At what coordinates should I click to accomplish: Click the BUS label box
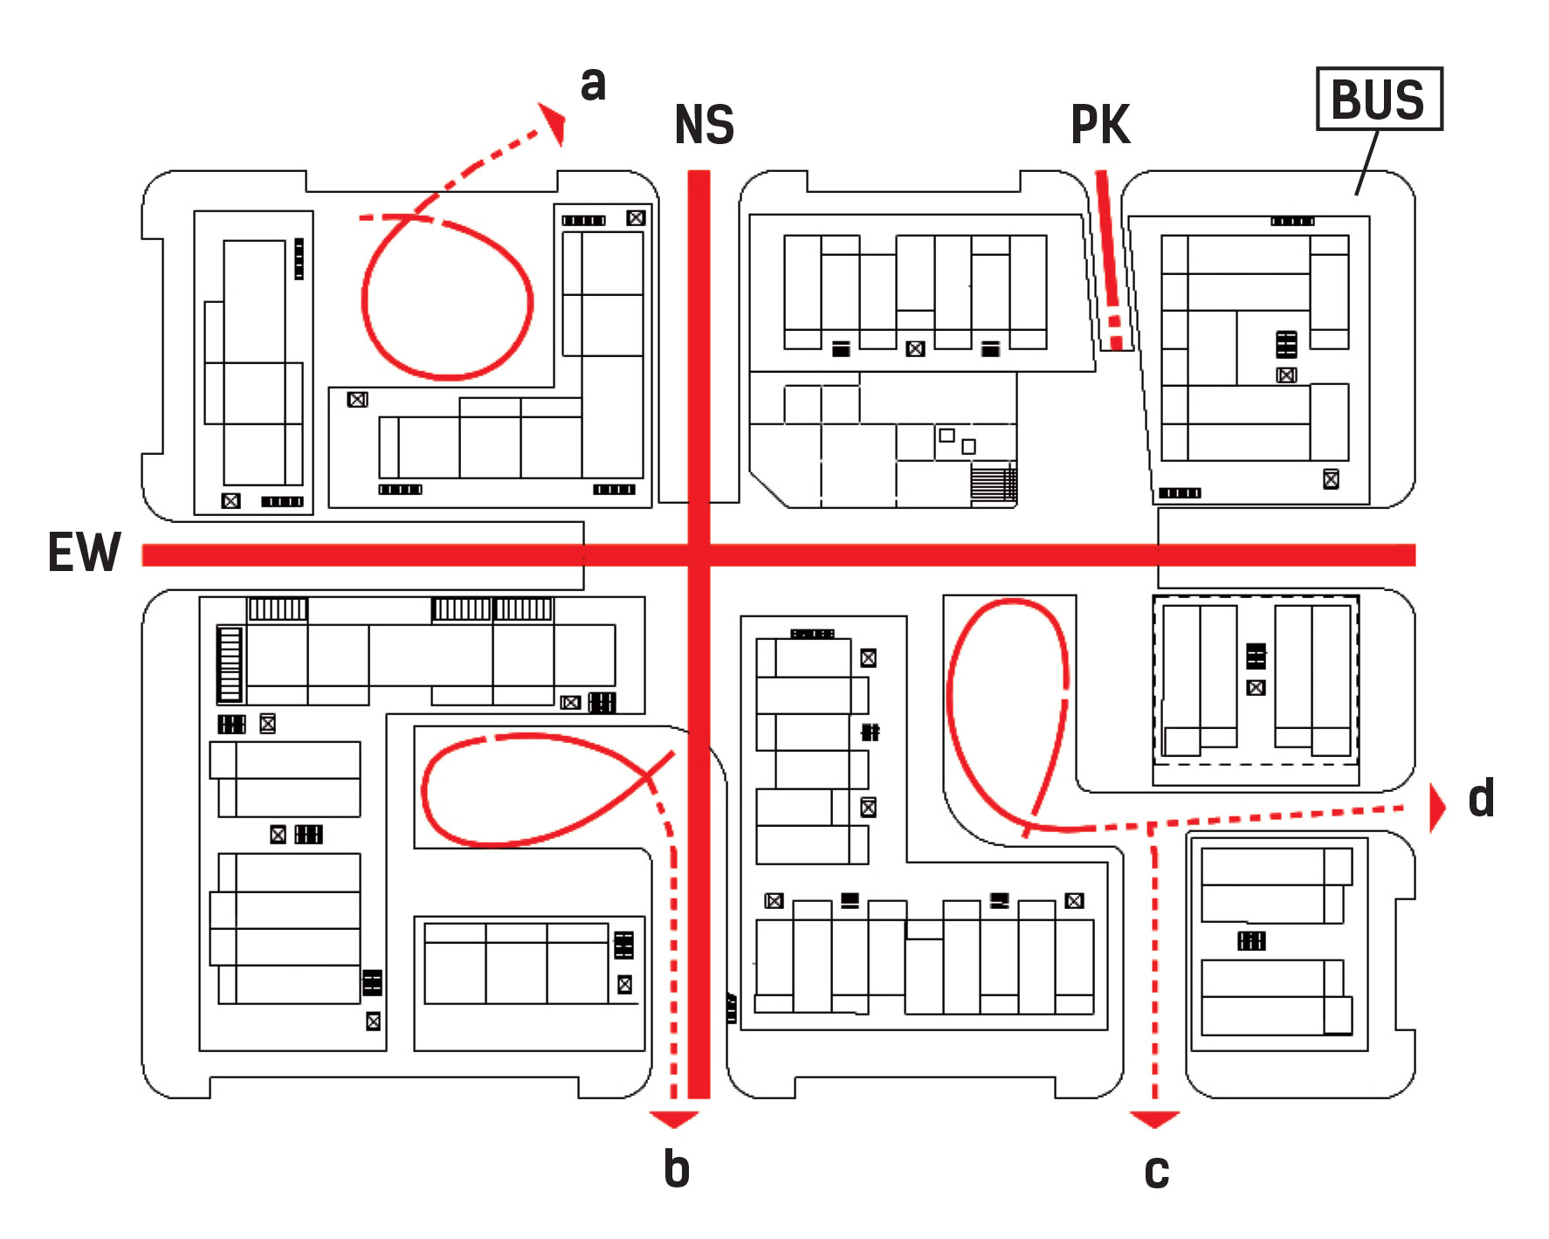click(1379, 99)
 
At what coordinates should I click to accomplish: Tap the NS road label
click(704, 125)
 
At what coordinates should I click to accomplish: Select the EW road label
click(84, 553)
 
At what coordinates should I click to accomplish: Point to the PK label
click(1100, 125)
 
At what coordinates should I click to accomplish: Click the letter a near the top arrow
click(593, 84)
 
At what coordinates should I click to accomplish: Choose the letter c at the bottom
click(1156, 1171)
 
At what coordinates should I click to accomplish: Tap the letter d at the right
click(1481, 798)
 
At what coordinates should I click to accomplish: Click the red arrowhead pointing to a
click(554, 122)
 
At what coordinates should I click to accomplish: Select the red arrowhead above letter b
click(674, 1119)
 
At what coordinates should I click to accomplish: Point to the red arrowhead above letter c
click(1154, 1119)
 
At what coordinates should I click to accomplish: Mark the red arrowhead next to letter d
click(1436, 808)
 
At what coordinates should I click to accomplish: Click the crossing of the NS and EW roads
click(699, 554)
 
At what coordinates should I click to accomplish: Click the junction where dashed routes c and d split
click(1152, 826)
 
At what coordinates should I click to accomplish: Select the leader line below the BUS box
click(1367, 163)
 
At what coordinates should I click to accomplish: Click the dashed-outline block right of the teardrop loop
click(1256, 680)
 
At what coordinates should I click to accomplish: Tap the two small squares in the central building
click(957, 440)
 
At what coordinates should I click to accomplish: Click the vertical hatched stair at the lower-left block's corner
click(230, 664)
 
